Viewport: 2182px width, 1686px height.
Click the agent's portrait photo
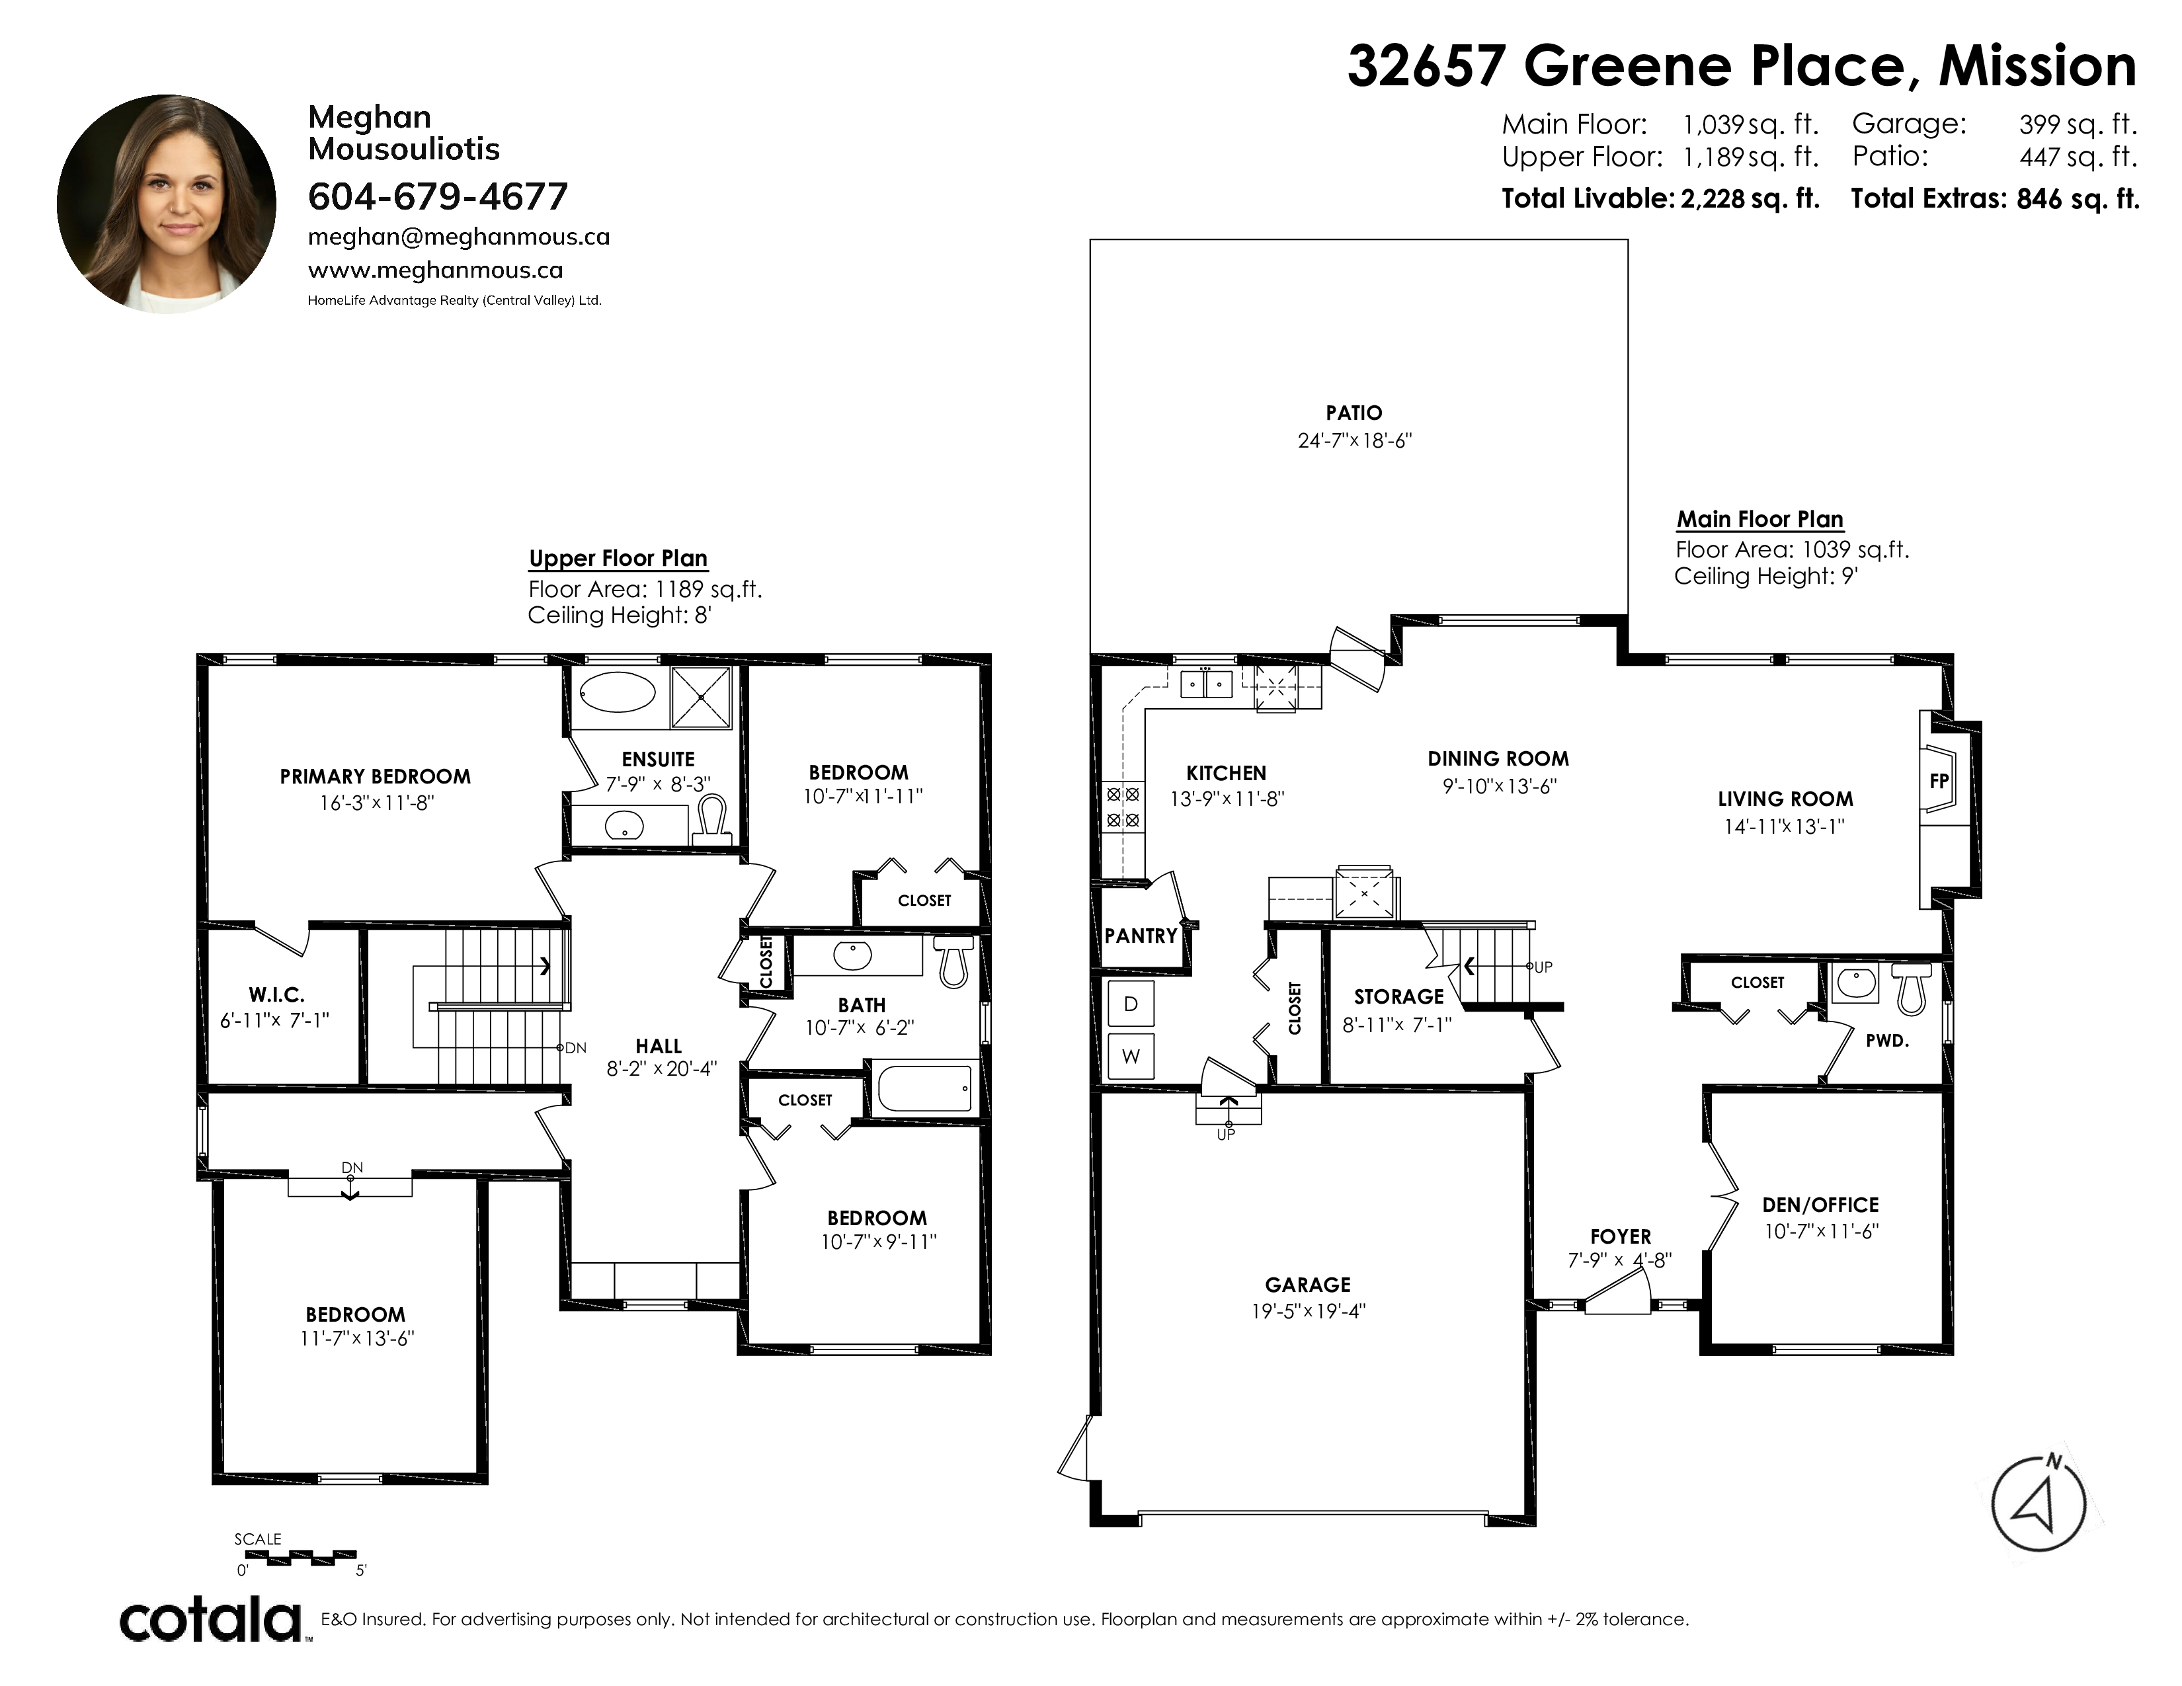click(167, 204)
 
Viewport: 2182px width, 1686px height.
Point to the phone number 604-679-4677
click(438, 197)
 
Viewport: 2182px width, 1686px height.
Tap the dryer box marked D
click(1131, 1004)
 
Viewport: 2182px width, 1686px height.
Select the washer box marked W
click(1131, 1056)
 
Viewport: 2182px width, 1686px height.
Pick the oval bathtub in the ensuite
click(618, 692)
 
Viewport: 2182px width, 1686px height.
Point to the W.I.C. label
click(277, 995)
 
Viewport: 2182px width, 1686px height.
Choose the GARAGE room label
click(1308, 1285)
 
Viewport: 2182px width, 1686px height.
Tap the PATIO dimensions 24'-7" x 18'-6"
click(1355, 440)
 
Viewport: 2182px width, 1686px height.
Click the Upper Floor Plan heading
click(618, 558)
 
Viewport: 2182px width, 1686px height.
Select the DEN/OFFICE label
click(1820, 1205)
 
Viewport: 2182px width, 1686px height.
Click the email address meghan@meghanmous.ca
click(459, 237)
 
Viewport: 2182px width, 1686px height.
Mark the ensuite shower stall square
click(702, 696)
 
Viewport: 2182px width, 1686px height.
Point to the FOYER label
click(1621, 1236)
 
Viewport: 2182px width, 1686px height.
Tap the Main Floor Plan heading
click(1759, 520)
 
